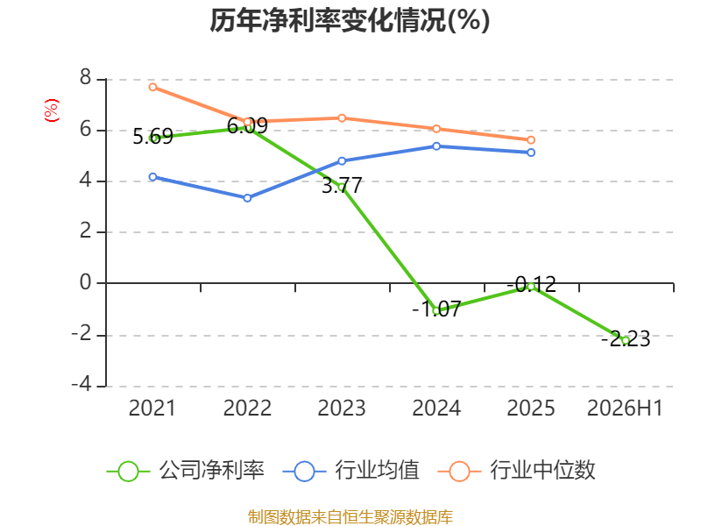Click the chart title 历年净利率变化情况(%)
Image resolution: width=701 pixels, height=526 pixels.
click(350, 20)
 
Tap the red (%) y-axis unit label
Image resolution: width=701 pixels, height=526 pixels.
click(52, 110)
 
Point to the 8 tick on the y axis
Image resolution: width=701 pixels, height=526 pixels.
click(85, 77)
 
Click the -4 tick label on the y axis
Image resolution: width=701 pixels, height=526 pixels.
click(81, 384)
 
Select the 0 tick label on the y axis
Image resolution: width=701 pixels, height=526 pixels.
click(85, 282)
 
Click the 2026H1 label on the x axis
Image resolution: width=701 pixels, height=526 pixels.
click(625, 408)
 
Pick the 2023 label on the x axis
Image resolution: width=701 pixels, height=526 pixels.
click(342, 408)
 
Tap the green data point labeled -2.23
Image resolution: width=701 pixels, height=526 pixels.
click(626, 341)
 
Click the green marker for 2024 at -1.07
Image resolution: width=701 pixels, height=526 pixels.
click(436, 310)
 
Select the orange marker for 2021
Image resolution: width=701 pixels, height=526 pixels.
click(152, 87)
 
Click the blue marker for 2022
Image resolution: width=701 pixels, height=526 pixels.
click(247, 198)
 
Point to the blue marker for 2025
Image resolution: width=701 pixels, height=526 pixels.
click(531, 153)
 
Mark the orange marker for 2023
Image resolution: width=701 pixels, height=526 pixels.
click(342, 118)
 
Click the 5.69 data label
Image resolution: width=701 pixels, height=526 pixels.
click(152, 136)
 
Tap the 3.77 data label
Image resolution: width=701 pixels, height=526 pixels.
click(342, 185)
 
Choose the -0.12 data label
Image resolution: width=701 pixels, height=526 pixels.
click(532, 284)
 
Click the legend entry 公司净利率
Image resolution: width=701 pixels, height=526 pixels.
click(186, 471)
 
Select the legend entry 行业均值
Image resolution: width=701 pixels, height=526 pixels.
click(351, 471)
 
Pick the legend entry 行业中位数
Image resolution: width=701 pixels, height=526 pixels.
click(516, 471)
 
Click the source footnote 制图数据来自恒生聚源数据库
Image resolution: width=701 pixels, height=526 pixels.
click(350, 517)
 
